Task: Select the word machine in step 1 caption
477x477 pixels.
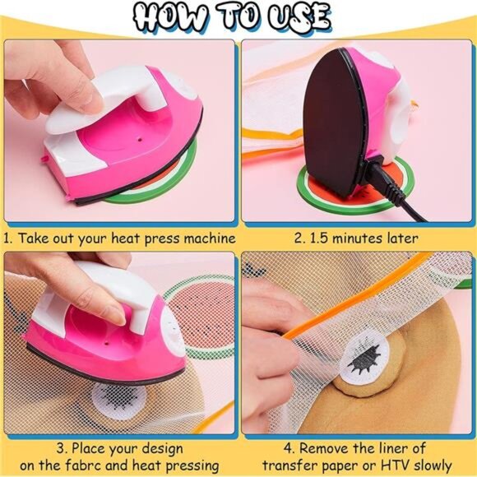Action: (x=208, y=238)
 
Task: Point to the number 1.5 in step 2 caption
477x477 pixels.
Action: (x=321, y=238)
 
